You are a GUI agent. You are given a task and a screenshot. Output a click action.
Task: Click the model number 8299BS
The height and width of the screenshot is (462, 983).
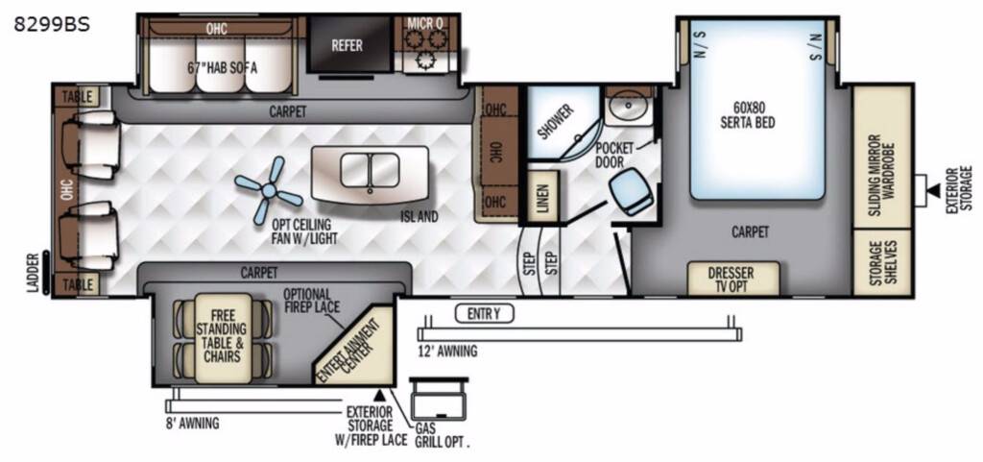(53, 24)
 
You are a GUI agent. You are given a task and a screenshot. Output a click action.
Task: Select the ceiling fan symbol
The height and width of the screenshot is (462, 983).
(268, 190)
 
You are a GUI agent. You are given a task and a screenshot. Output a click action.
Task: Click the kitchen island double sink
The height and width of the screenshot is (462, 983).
(370, 169)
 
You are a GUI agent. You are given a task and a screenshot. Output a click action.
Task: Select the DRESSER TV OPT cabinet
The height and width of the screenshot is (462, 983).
(732, 279)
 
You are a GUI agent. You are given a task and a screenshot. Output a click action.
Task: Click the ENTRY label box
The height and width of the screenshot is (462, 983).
(485, 312)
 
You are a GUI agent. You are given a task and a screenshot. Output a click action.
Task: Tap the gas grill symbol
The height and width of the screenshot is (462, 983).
(438, 400)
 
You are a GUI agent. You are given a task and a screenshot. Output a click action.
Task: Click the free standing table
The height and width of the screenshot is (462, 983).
(224, 338)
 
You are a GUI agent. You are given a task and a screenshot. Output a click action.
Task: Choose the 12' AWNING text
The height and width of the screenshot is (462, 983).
(447, 351)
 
